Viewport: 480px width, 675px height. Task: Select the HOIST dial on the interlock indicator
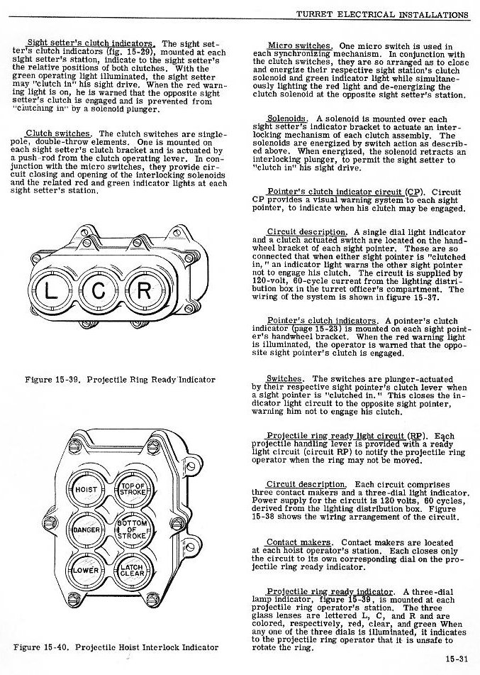(x=86, y=490)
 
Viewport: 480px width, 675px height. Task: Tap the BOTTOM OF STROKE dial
(x=133, y=529)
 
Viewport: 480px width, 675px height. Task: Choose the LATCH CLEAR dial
(x=133, y=569)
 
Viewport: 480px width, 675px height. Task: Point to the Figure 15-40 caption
(x=116, y=647)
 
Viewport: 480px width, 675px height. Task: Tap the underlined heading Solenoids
(x=287, y=118)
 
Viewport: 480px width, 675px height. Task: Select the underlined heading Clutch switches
(x=58, y=133)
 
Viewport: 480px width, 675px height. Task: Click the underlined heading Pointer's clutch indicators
(x=321, y=321)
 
